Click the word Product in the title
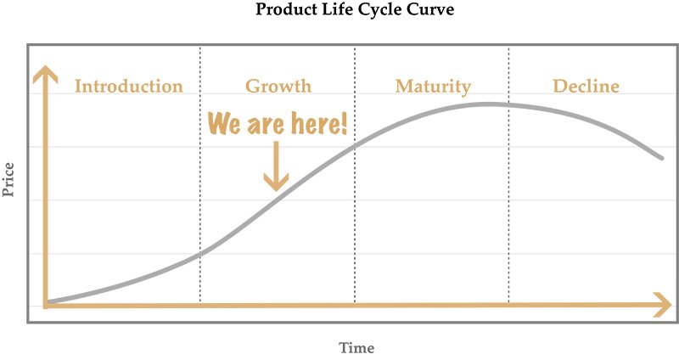coord(279,9)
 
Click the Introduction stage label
coord(129,87)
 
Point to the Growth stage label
coord(278,87)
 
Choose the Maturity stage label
coord(433,87)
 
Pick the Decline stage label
coord(586,87)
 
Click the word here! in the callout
coord(319,123)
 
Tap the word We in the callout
coord(224,123)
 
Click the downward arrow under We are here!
coord(277,166)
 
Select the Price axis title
coord(8,180)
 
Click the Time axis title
coord(356,347)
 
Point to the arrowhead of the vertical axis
coord(45,74)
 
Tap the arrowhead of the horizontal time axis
coord(663,305)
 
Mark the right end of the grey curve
coord(662,158)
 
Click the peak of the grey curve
coord(487,104)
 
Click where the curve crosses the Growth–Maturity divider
coord(355,146)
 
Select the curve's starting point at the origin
coord(48,301)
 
